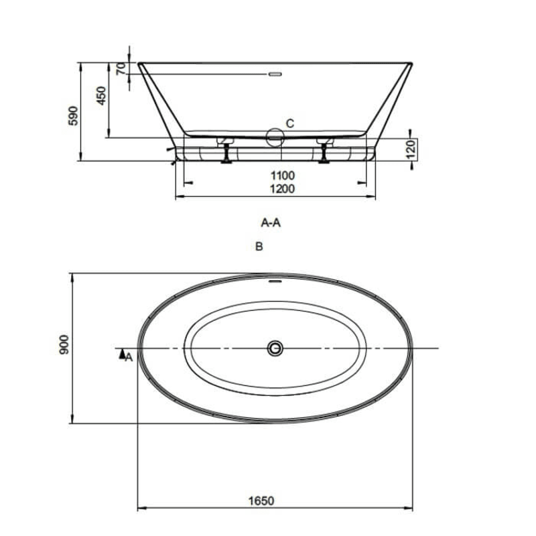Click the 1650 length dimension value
click(263, 500)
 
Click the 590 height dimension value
click(74, 115)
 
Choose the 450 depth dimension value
click(101, 96)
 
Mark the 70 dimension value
click(121, 68)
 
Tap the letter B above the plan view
click(259, 247)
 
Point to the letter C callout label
click(289, 123)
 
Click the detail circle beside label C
click(275, 137)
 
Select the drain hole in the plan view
click(275, 348)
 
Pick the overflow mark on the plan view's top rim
click(275, 281)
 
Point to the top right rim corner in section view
click(410, 64)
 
